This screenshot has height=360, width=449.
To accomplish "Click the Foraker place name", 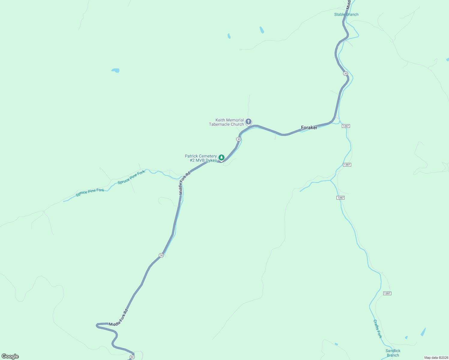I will click(x=309, y=127).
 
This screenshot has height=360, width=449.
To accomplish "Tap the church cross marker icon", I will click(x=249, y=121).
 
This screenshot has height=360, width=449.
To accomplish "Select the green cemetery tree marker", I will click(x=221, y=157).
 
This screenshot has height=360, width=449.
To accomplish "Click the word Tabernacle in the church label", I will click(x=220, y=124).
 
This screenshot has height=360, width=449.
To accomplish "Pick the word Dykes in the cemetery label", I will click(x=211, y=160).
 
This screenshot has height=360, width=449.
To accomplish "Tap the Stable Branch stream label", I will click(x=346, y=14).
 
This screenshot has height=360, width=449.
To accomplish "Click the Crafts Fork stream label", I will click(x=378, y=329).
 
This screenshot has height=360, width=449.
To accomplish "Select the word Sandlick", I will click(x=393, y=351).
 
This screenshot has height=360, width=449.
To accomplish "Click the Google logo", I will click(x=10, y=356).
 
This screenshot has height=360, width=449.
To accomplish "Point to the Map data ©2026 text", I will click(x=436, y=358).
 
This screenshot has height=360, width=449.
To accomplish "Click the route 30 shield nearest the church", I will click(x=239, y=139).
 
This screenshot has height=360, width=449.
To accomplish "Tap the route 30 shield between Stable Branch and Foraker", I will click(x=346, y=73).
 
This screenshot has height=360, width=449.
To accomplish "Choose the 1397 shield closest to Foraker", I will click(x=346, y=126).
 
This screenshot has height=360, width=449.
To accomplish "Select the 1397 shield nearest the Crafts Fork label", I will click(x=387, y=293).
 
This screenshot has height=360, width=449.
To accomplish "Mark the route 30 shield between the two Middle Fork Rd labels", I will click(x=161, y=255).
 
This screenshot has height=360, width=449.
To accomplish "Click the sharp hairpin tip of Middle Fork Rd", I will click(x=97, y=325).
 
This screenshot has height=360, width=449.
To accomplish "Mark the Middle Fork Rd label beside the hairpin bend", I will click(x=119, y=317).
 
